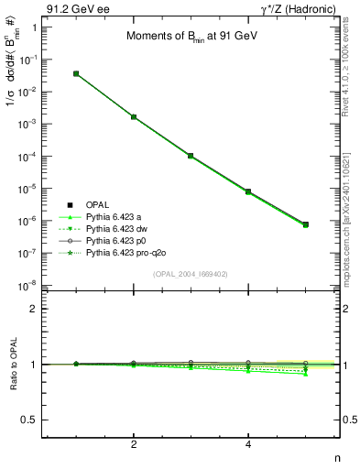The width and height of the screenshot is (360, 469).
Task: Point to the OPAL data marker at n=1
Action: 76,73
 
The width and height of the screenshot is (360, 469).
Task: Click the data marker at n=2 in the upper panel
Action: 134,117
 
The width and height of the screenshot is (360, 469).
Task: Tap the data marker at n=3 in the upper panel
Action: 191,156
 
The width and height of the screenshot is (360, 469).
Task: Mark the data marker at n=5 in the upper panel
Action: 305,224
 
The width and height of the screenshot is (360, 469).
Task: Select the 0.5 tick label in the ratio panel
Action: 30,420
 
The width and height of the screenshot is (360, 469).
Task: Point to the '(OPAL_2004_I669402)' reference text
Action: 190,273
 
